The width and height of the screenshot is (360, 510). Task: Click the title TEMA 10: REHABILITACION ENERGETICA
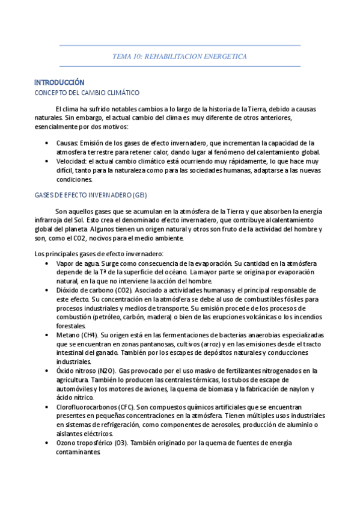click(180, 56)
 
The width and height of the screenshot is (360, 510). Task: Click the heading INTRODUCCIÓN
click(59, 82)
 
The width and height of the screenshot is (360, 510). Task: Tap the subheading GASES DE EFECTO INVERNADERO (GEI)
click(90, 195)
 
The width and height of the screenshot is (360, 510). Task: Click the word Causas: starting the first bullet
click(67, 143)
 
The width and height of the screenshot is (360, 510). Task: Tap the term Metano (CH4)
click(77, 334)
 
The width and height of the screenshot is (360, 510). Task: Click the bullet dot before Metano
click(47, 334)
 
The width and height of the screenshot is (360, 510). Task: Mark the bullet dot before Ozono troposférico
click(47, 443)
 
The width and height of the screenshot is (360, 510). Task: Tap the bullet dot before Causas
click(47, 143)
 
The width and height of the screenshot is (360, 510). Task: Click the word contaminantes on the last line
click(78, 452)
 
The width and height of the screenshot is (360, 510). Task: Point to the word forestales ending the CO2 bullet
click(71, 325)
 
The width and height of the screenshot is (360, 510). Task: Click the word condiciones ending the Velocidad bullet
click(75, 180)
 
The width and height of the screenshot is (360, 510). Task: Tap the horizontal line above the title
click(180, 45)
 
